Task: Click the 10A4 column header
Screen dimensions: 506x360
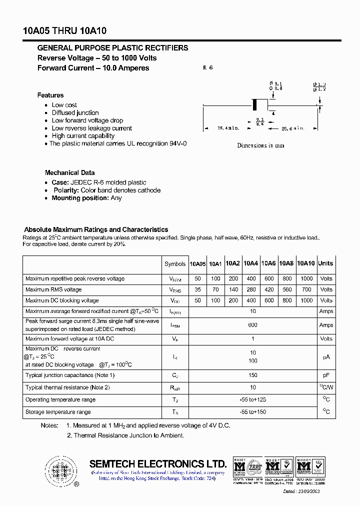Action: coord(251,263)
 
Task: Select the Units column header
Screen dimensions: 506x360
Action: coord(325,263)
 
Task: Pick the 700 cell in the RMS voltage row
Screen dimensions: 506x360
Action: coord(306,289)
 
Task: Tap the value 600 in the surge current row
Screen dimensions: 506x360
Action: coord(252,325)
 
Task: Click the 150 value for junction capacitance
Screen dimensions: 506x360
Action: coord(252,375)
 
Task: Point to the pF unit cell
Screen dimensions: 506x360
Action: coord(326,375)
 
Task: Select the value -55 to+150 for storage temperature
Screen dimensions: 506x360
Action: coord(252,412)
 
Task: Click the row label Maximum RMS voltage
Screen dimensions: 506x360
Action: coord(53,289)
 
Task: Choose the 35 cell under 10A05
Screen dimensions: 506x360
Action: coord(197,289)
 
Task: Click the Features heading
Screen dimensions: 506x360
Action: coord(50,95)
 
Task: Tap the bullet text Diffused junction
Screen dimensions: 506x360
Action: coord(75,113)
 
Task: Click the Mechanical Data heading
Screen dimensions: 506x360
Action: coord(69,172)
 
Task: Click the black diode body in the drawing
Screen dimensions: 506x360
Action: coord(254,105)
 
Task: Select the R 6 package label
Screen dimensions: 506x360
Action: coord(208,67)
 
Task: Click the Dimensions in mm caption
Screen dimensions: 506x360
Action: coord(260,145)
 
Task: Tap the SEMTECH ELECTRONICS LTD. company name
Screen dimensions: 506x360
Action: coord(158,463)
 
